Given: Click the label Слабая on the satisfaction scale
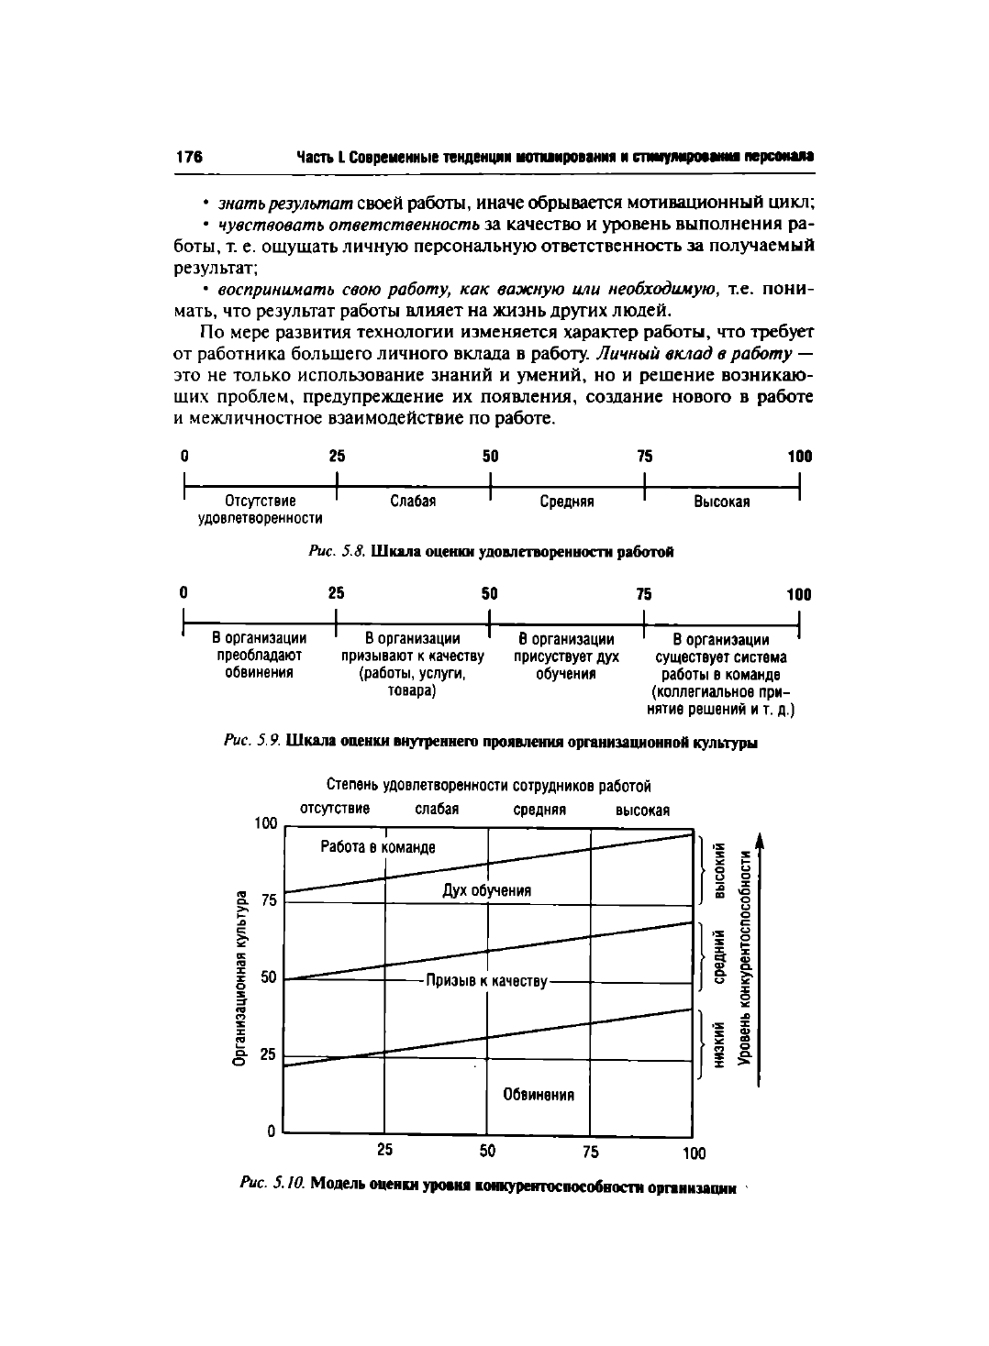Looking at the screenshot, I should tap(413, 502).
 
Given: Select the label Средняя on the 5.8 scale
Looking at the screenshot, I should tap(567, 502).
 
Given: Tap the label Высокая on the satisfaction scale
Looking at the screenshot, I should tap(722, 502).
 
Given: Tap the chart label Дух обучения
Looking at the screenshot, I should tap(486, 890).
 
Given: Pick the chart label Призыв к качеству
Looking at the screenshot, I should tap(486, 982).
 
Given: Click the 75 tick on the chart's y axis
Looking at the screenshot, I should tap(268, 901).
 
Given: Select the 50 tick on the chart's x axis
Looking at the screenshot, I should tap(487, 1150).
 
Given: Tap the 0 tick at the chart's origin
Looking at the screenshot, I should tap(272, 1131).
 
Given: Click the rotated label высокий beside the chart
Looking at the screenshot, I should tap(721, 870).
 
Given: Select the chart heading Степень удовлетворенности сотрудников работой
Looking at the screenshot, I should tap(488, 786).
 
